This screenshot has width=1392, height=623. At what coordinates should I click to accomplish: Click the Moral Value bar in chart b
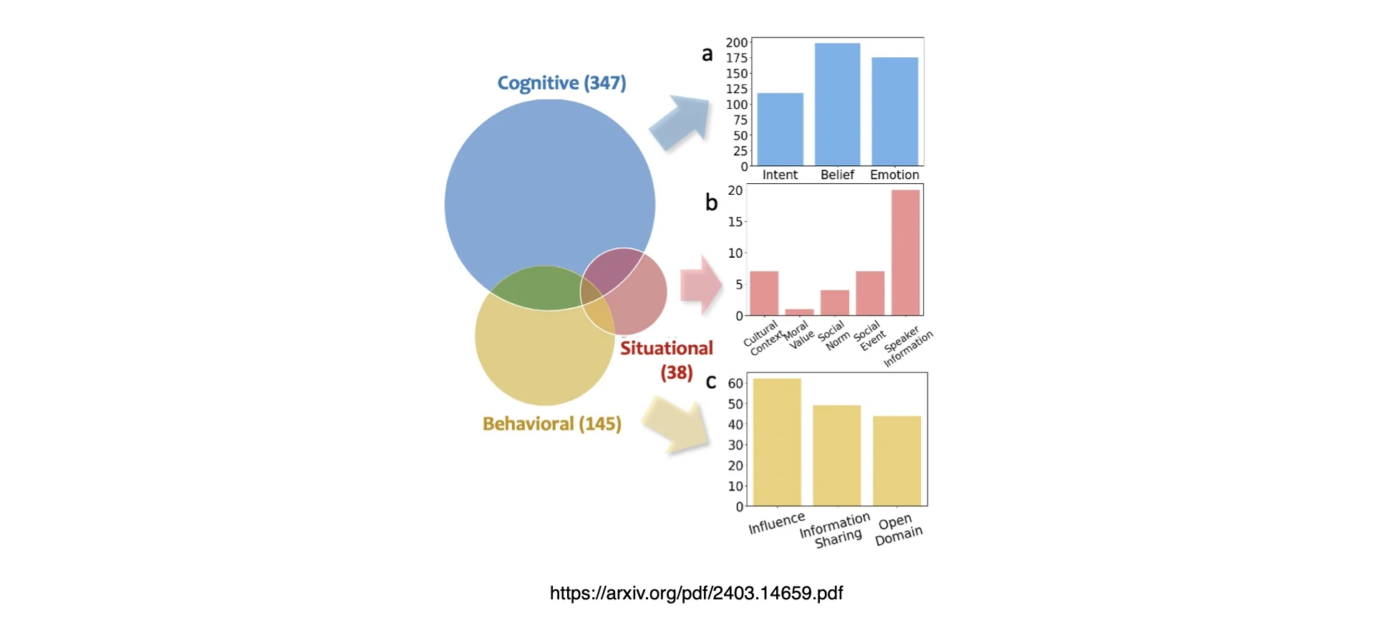tap(799, 312)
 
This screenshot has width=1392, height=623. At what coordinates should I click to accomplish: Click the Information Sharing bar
tap(836, 455)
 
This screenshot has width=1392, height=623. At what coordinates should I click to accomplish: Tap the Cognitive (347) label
tap(561, 83)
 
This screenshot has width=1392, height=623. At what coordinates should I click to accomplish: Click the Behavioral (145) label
tap(551, 424)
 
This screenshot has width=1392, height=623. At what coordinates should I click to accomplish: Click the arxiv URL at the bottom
tap(696, 593)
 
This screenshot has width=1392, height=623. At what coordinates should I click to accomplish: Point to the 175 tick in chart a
tap(737, 58)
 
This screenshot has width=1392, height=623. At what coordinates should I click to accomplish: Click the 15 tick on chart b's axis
tap(735, 222)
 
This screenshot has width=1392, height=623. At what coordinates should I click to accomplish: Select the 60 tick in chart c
tap(735, 383)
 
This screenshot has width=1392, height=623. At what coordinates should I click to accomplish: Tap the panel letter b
tap(711, 203)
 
